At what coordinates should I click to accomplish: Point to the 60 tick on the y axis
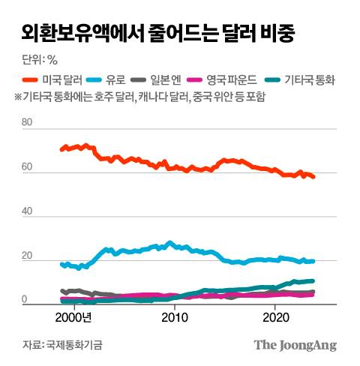28,167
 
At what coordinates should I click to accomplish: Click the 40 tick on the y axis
28,212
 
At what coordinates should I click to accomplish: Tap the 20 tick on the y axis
28,256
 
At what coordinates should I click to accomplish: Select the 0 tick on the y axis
25,299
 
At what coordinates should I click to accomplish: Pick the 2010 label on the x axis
175,317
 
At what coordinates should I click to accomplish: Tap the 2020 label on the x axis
275,317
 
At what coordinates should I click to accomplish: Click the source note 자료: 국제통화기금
62,345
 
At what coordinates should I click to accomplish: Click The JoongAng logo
294,345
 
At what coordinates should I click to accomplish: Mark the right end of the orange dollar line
314,177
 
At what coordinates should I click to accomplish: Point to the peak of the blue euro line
169,242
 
